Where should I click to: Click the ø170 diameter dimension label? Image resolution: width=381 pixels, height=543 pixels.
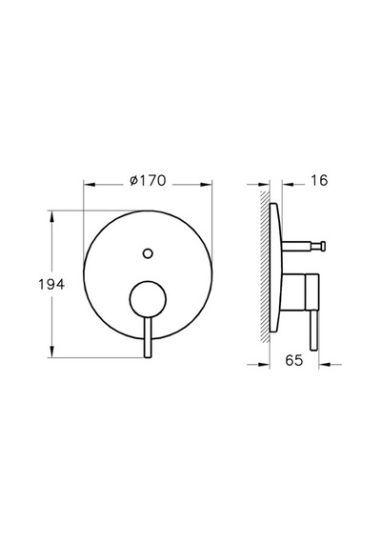(x=148, y=180)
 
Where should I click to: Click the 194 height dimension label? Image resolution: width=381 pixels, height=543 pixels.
(x=51, y=284)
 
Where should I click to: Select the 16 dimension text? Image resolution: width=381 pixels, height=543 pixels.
(x=319, y=180)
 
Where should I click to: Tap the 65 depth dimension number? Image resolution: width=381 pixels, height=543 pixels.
(x=294, y=360)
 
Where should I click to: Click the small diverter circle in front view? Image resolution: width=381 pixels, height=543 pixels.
(x=148, y=253)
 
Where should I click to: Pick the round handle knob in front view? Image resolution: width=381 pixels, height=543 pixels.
(x=148, y=299)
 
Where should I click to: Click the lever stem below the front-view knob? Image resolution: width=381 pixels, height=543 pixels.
(x=148, y=337)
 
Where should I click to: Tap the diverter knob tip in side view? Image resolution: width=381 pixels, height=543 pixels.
(x=323, y=246)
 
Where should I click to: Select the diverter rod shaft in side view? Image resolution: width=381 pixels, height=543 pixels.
(x=301, y=246)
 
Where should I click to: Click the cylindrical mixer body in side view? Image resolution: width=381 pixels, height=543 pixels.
(x=300, y=292)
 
